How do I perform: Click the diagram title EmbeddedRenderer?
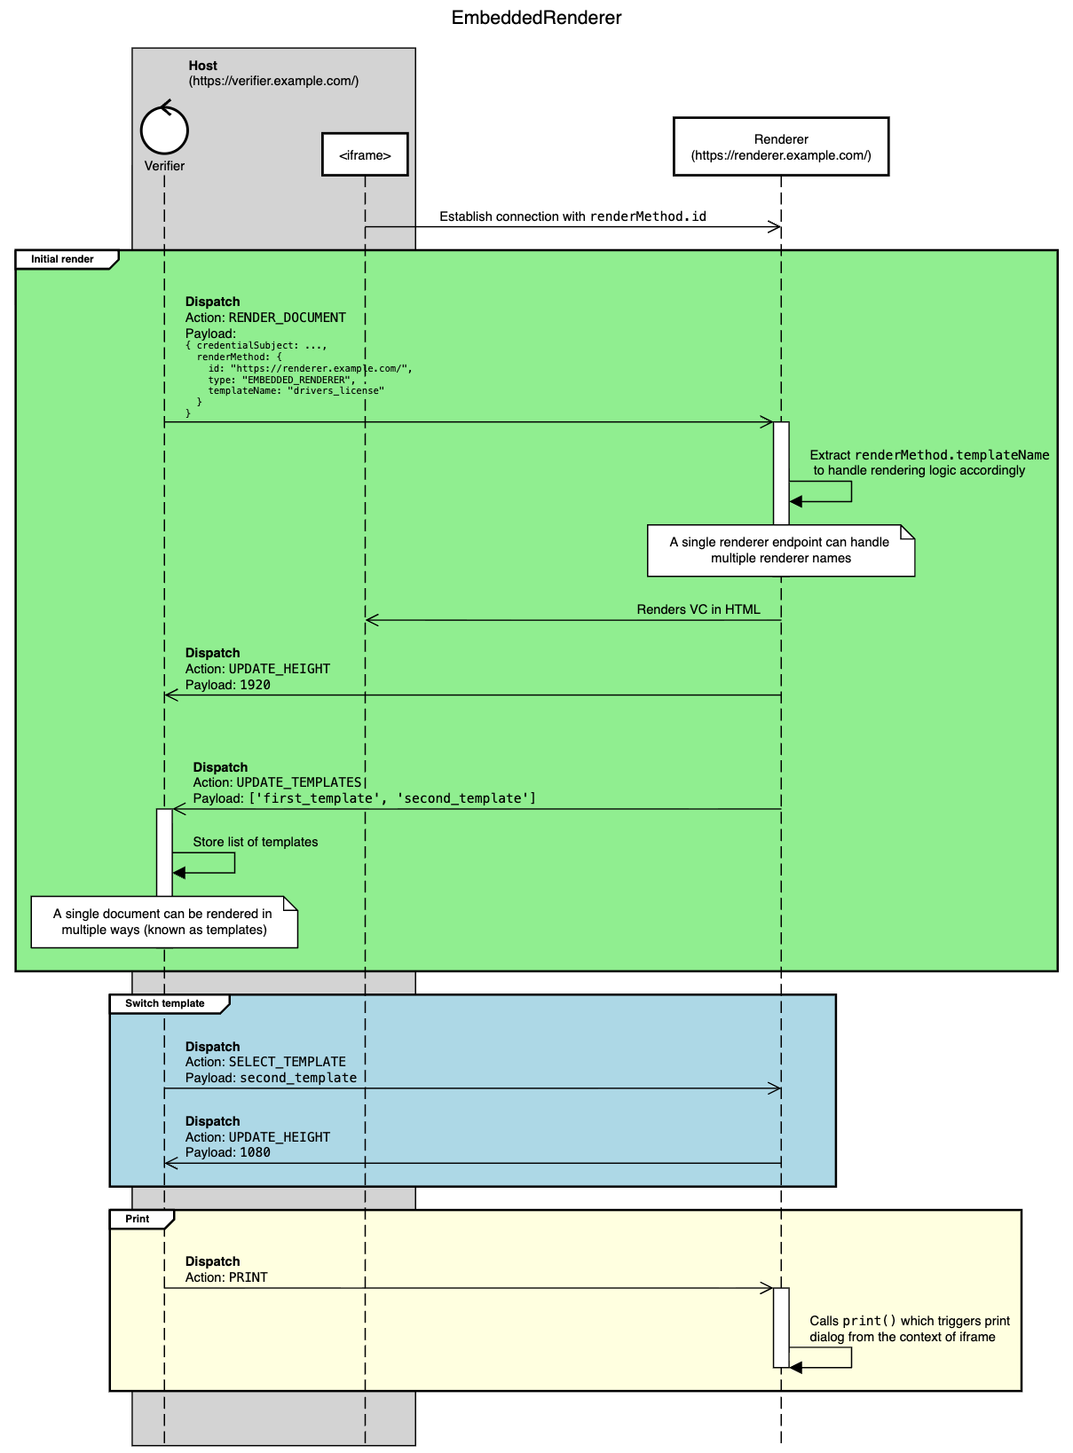click(536, 18)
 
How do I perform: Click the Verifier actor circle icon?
click(164, 130)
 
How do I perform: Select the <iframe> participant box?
click(365, 155)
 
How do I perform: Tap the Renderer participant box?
click(781, 147)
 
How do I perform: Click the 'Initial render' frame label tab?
click(64, 259)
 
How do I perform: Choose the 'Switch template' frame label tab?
click(165, 1003)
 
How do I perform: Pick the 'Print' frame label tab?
click(138, 1219)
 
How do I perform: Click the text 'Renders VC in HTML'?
click(698, 609)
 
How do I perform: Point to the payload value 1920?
click(255, 685)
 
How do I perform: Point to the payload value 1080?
click(255, 1152)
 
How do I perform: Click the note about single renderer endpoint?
click(780, 550)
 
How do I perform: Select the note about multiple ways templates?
click(164, 922)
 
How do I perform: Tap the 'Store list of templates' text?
click(256, 842)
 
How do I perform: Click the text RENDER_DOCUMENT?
click(288, 318)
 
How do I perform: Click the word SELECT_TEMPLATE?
click(288, 1062)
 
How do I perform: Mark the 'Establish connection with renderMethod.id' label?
click(572, 216)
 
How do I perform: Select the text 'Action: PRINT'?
click(226, 1277)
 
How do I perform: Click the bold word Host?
click(202, 66)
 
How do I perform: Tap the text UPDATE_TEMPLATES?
click(299, 782)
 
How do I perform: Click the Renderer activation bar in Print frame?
click(781, 1327)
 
